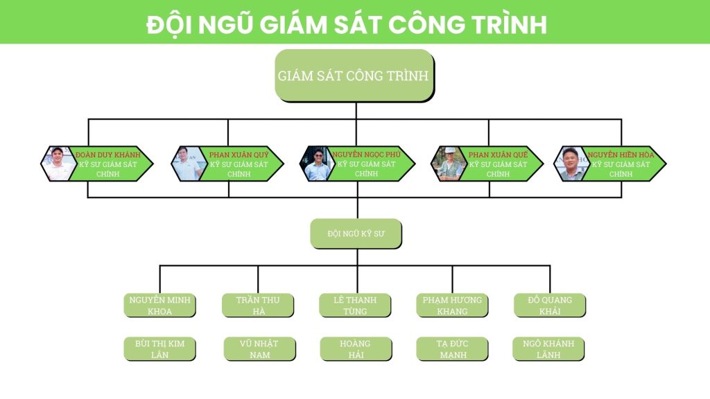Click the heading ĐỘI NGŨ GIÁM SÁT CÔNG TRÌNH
(x=347, y=24)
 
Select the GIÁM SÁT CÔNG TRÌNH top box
(x=354, y=76)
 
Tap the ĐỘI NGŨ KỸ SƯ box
(x=356, y=234)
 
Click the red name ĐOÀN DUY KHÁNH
(x=107, y=154)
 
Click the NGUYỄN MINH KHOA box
(x=159, y=305)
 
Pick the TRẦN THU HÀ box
(x=257, y=305)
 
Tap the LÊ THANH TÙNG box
(x=355, y=305)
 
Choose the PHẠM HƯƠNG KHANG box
(x=452, y=305)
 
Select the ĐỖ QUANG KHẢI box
(x=550, y=305)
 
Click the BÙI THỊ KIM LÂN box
(x=159, y=349)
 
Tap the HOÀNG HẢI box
(x=355, y=349)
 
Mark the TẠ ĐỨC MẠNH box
(x=451, y=349)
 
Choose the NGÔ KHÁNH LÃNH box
(x=548, y=349)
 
